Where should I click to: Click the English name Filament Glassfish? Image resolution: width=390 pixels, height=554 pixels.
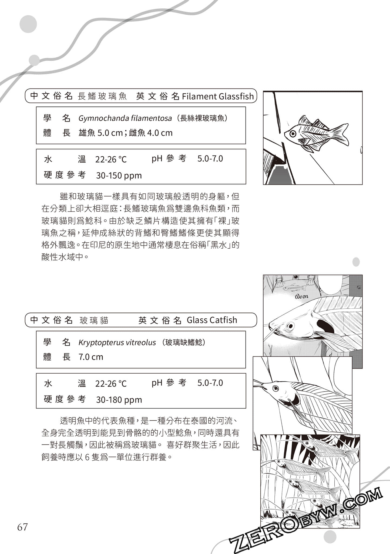[x=218, y=96]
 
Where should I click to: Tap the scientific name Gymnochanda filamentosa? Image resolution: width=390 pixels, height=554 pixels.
[x=125, y=118]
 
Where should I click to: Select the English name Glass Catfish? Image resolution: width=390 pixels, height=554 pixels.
[x=212, y=320]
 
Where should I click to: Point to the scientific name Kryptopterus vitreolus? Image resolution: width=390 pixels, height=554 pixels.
[x=117, y=342]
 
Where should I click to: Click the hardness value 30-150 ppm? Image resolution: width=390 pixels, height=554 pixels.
[x=119, y=176]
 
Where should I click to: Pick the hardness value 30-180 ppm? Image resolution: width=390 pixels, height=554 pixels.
[x=119, y=400]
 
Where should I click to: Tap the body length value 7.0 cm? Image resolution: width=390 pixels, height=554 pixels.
[x=91, y=357]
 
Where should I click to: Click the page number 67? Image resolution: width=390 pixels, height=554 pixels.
[x=22, y=527]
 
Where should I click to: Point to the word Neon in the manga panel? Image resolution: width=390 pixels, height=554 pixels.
[x=301, y=296]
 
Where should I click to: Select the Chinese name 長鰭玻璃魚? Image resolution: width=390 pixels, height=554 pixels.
[x=102, y=96]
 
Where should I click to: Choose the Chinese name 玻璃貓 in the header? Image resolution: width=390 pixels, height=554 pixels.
[x=94, y=321]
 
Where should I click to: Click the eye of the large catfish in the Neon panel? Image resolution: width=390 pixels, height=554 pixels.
[x=290, y=326]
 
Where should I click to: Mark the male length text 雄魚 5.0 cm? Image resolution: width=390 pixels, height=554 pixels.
[x=100, y=133]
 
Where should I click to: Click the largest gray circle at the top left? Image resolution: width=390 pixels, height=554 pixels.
[x=28, y=24]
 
